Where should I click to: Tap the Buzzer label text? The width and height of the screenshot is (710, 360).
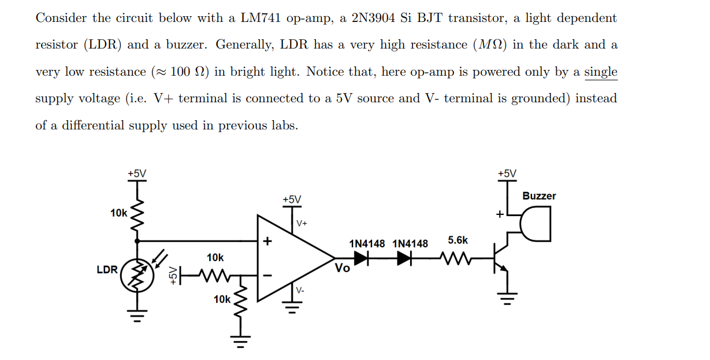[x=538, y=196]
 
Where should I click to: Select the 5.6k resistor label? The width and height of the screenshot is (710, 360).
[x=458, y=240]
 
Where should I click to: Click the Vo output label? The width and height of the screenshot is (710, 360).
[x=342, y=268]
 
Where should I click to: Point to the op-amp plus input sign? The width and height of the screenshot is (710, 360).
[x=267, y=241]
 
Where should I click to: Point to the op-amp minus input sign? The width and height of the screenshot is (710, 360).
[x=267, y=276]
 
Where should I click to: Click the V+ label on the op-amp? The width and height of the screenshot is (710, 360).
[x=302, y=223]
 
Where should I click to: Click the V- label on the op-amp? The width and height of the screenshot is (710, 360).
[x=301, y=290]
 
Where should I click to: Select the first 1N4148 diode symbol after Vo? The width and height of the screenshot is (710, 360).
[x=361, y=259]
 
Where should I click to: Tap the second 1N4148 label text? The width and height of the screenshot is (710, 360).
[x=410, y=243]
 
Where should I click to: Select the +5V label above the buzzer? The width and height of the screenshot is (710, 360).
[x=507, y=173]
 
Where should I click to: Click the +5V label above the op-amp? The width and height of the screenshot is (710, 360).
[x=292, y=199]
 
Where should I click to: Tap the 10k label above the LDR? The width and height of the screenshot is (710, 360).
[x=118, y=213]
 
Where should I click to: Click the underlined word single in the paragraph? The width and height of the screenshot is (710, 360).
[x=600, y=72]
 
